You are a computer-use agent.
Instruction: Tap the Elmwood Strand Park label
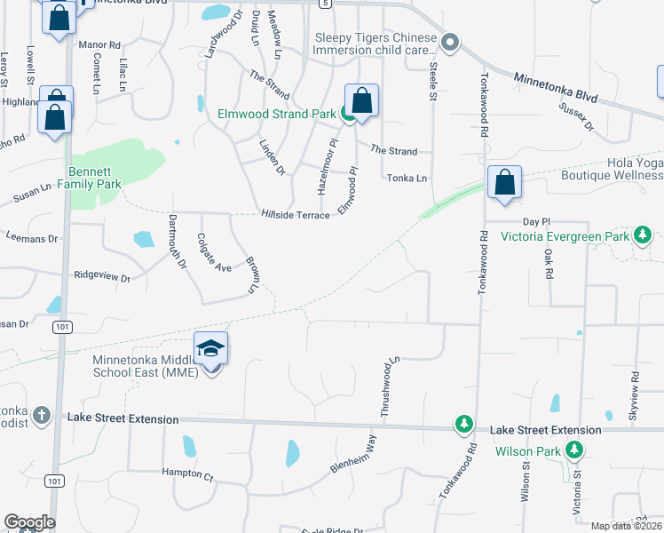[x=276, y=114]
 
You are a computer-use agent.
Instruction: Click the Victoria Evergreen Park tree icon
[x=642, y=235]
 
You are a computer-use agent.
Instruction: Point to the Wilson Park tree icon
[x=575, y=451]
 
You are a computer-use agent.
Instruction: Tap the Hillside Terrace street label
[x=296, y=215]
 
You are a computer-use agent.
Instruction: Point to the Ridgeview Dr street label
[x=102, y=277]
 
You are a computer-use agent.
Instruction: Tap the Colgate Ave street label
[x=214, y=253]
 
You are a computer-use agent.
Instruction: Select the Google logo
[x=29, y=522]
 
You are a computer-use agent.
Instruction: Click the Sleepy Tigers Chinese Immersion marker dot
[x=450, y=42]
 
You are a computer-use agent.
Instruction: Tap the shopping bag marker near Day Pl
[x=504, y=183]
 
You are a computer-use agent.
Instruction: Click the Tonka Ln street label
[x=407, y=179]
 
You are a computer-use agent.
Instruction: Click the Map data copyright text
[x=627, y=526]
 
